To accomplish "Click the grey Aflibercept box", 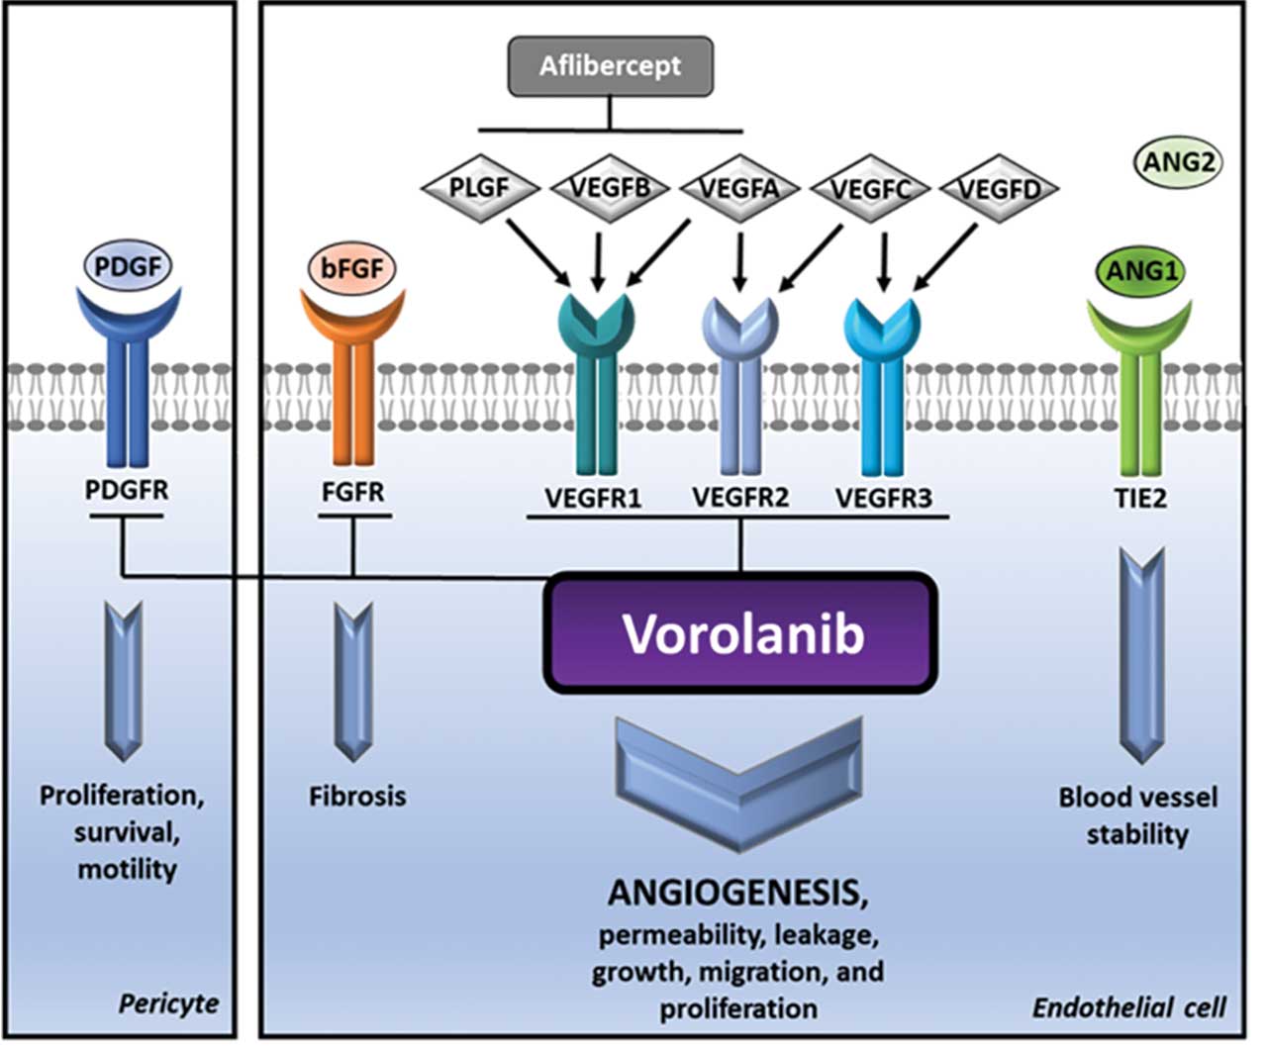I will (x=610, y=66).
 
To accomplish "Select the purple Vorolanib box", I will (x=740, y=633).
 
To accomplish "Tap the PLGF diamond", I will (x=479, y=187).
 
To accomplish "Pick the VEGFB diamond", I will (x=610, y=187).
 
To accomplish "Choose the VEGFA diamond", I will (x=739, y=187).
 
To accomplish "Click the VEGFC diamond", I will (x=870, y=187).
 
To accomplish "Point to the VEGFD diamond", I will (x=1000, y=187).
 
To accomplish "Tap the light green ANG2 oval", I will (x=1178, y=161).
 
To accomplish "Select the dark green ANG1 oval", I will (x=1141, y=270).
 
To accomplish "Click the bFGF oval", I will (x=353, y=267).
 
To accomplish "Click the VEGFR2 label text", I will (x=739, y=497).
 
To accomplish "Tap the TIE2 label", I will (x=1140, y=498).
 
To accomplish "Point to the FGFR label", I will (x=353, y=492).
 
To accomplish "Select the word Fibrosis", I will (x=356, y=796).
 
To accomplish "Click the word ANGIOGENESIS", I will (x=737, y=893).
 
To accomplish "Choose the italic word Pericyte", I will (x=168, y=1002).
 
